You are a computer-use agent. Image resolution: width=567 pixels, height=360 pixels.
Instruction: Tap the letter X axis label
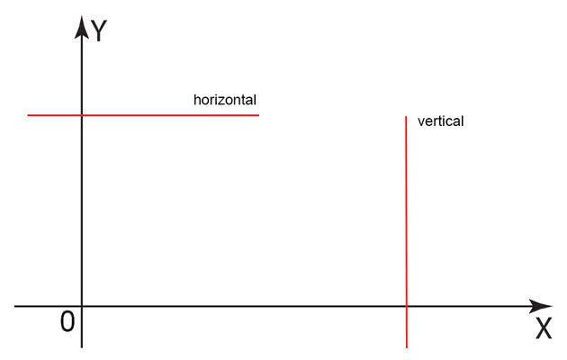coord(544,329)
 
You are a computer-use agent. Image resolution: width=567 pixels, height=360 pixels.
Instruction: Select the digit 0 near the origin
coord(67,321)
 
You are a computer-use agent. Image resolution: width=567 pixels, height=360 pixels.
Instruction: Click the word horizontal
coord(224,99)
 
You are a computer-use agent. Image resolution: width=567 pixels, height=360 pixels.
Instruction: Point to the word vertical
coord(441,121)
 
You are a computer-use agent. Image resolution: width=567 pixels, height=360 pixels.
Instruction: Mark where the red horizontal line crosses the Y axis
coord(82,115)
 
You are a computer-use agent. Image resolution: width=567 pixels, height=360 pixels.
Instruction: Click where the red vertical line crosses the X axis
coord(407,307)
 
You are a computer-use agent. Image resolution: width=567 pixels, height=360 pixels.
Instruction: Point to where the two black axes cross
coord(82,307)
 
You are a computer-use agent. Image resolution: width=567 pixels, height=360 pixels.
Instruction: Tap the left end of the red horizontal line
coord(28,115)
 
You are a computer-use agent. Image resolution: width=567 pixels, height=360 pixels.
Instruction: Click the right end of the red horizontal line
coord(258,115)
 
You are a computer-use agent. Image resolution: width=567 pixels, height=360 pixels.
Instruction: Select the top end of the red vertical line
coord(407,116)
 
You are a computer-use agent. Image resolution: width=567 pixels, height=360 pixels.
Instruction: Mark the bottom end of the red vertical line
coord(407,346)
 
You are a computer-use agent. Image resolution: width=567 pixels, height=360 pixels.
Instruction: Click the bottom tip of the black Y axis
coord(82,346)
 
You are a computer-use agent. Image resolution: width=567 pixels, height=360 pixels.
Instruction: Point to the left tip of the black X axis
coord(15,307)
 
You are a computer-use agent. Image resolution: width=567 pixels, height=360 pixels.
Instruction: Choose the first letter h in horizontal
coord(197,99)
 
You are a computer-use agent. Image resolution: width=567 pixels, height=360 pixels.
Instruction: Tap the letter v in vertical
coord(421,121)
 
